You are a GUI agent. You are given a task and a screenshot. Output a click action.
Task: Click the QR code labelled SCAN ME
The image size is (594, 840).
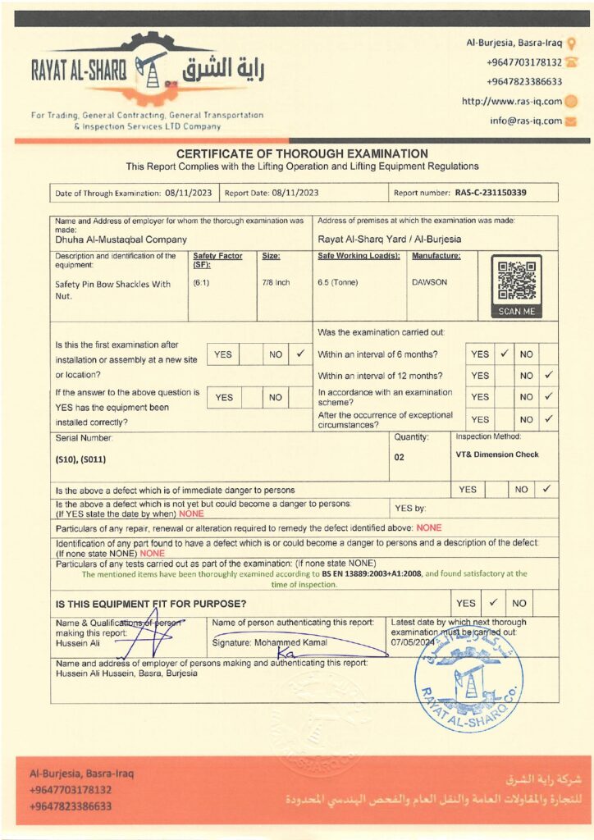(517, 281)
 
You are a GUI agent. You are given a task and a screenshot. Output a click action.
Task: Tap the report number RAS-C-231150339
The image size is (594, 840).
(490, 193)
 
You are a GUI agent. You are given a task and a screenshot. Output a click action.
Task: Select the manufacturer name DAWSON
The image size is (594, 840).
(429, 282)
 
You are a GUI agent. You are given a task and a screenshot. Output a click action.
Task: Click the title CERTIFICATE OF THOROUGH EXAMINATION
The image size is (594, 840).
(302, 153)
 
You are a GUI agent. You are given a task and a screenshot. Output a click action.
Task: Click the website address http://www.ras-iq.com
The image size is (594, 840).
(511, 102)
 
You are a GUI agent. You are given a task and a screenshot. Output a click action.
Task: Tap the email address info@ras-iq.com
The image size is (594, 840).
(526, 121)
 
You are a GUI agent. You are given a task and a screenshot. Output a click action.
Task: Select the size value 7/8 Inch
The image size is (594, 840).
(276, 282)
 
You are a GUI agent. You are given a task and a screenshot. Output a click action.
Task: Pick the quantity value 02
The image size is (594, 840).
(400, 458)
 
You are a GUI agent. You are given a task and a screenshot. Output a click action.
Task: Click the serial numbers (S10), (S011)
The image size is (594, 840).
(80, 459)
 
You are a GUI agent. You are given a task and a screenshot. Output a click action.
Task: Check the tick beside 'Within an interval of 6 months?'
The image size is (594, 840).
(505, 354)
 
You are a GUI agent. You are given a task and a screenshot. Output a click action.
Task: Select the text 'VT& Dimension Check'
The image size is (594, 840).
(497, 454)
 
